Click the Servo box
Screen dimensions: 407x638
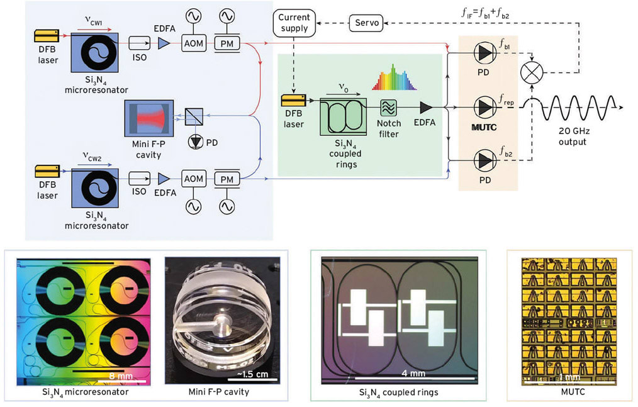(x=368, y=24)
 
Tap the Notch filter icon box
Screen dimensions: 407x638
(x=388, y=108)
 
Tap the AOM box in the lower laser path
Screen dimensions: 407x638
(x=193, y=179)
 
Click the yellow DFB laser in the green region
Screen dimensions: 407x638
(x=294, y=101)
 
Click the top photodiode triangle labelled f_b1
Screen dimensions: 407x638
(x=484, y=55)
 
